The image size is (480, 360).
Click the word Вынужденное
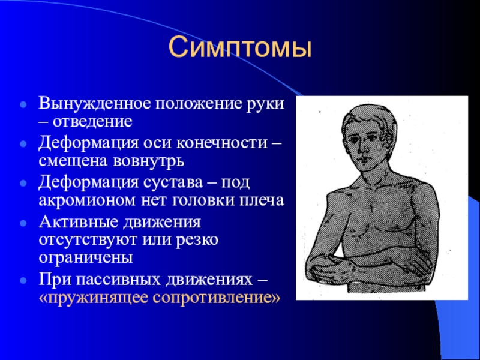pos(95,103)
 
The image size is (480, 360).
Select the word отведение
pos(92,122)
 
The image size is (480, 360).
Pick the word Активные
pos(79,221)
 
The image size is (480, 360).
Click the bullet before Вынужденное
pos(23,104)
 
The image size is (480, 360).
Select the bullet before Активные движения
pos(23,223)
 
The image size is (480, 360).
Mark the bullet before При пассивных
pos(23,280)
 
